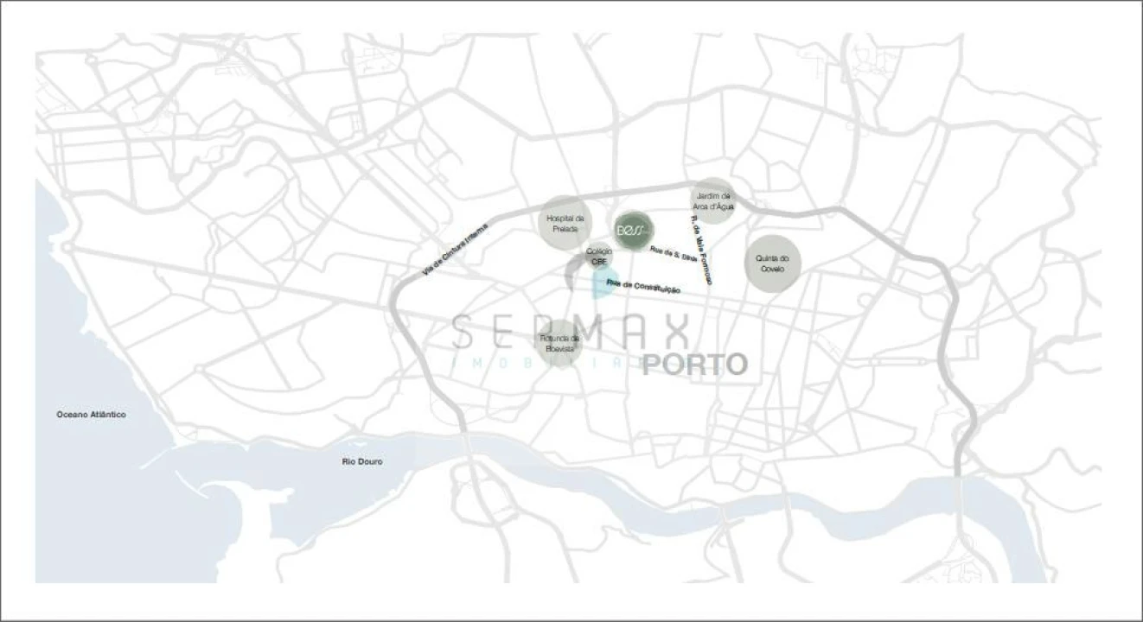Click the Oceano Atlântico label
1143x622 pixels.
[91, 415]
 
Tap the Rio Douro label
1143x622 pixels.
[361, 462]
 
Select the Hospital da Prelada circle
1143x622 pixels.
[565, 224]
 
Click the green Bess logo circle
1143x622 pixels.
[634, 232]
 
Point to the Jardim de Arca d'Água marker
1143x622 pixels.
[713, 201]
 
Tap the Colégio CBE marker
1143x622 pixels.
[599, 257]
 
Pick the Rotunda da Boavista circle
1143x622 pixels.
[559, 343]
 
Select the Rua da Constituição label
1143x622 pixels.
[643, 287]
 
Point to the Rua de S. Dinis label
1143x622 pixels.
[673, 253]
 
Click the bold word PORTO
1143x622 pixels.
[694, 364]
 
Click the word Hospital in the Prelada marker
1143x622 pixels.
[565, 219]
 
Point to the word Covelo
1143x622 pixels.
[772, 269]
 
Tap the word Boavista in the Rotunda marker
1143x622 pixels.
[559, 348]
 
